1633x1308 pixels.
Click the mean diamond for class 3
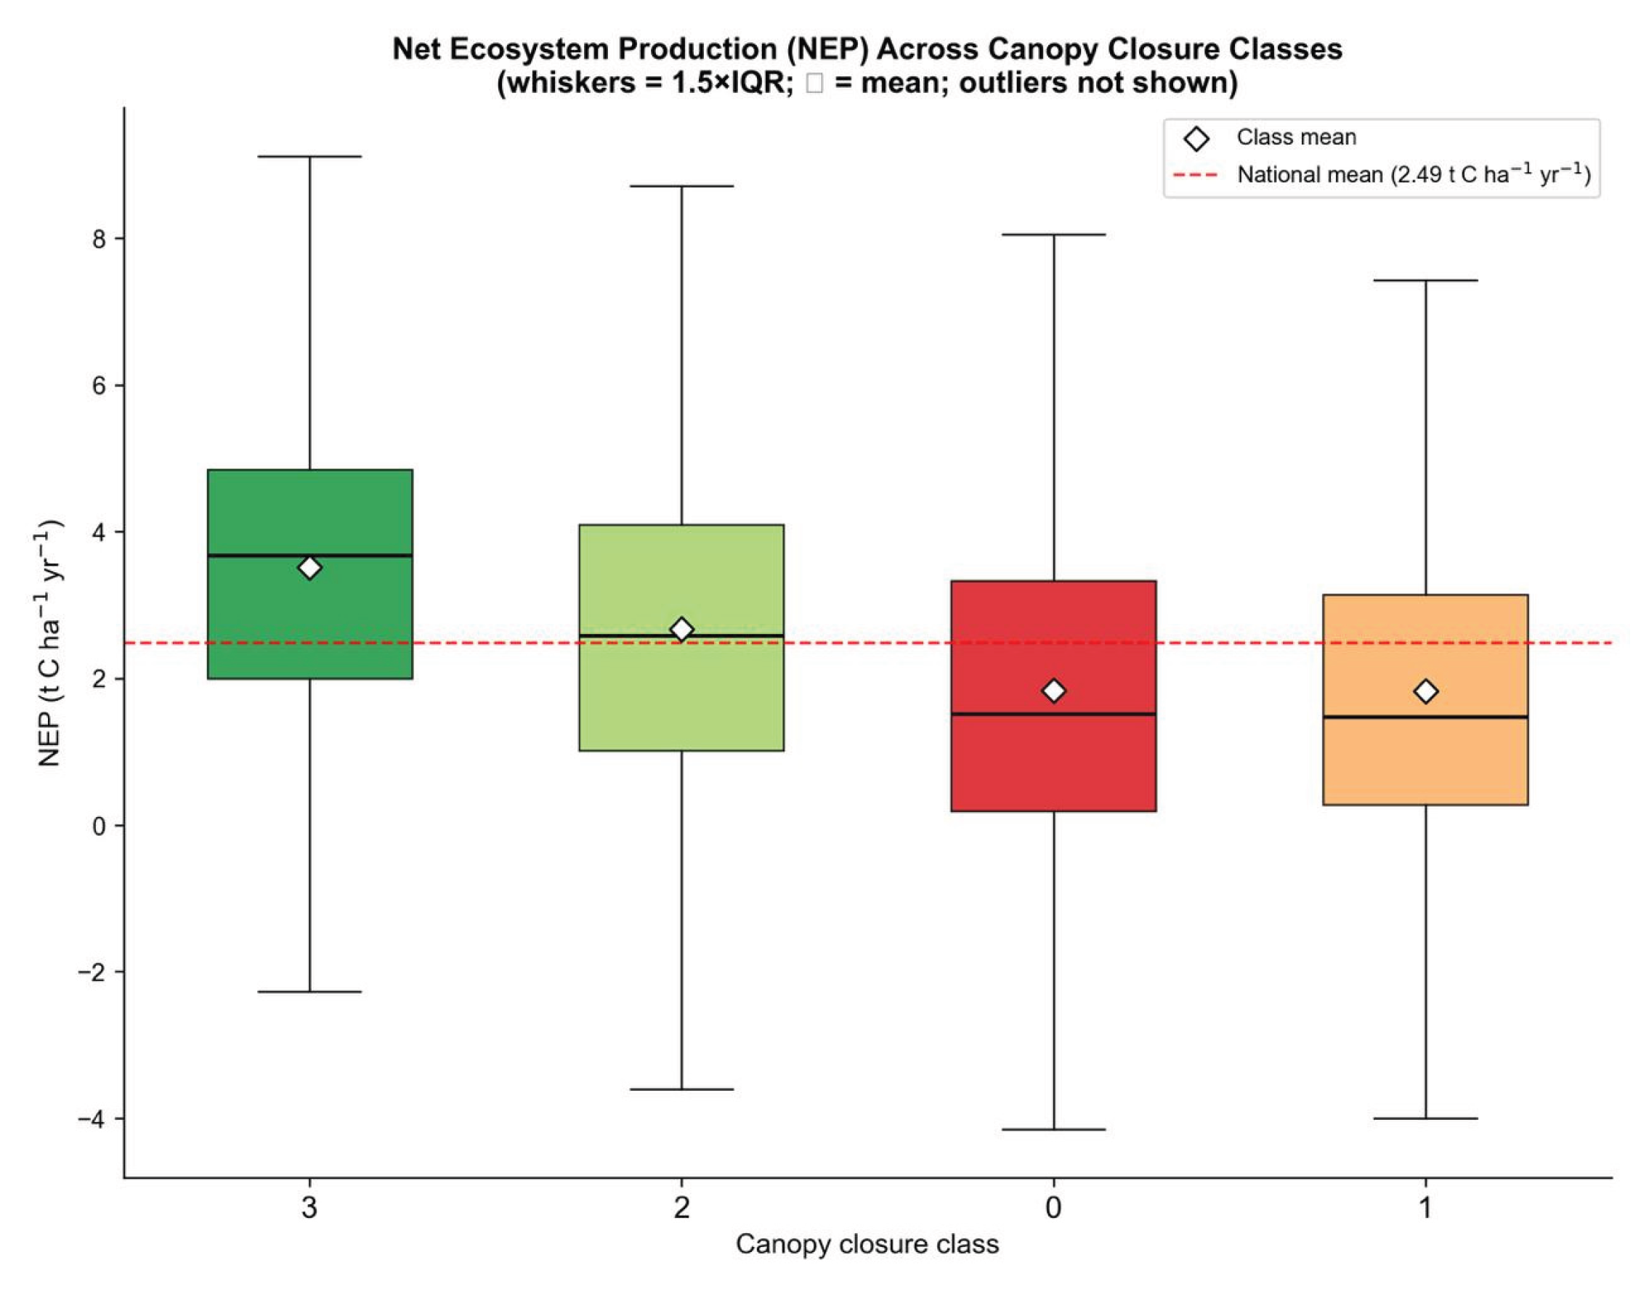point(309,567)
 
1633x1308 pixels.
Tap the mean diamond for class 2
point(681,630)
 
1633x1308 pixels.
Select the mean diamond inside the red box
point(1053,691)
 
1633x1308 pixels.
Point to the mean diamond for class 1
point(1426,691)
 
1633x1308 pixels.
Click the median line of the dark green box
point(309,555)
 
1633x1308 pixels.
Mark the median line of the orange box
point(1425,717)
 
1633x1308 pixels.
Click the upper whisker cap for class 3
point(309,156)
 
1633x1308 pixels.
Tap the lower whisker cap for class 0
point(1053,1129)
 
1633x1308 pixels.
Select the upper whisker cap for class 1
point(1426,280)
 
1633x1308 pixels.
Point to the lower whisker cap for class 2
point(681,1089)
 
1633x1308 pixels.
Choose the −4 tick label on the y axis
point(92,1118)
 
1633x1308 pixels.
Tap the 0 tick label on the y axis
point(99,826)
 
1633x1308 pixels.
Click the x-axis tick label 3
point(309,1207)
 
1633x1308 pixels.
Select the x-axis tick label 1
point(1425,1207)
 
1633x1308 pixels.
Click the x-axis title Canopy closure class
point(867,1244)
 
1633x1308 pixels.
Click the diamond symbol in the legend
point(1196,139)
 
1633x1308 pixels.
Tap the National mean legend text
point(1414,174)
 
